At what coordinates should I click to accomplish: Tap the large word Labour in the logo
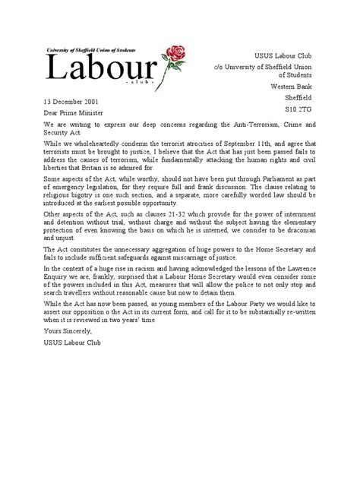pos(103,69)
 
